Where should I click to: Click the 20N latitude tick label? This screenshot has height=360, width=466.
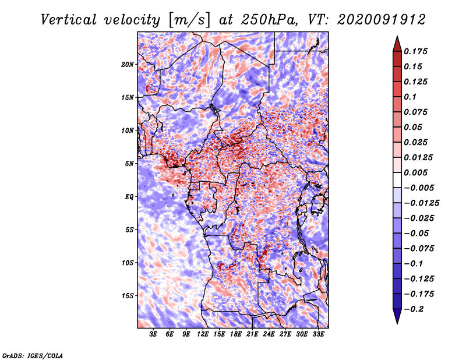(128, 65)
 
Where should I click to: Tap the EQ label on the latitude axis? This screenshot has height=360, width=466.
(129, 197)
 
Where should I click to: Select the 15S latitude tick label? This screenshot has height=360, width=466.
(128, 296)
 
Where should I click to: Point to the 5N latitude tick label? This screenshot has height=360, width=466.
(130, 164)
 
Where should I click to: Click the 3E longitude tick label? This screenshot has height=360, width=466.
(153, 334)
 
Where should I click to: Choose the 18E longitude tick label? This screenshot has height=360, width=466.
(236, 334)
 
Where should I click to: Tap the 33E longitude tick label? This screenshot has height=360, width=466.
(318, 334)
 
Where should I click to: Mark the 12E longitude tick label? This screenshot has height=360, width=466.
(203, 334)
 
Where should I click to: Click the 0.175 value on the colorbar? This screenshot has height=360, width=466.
(416, 51)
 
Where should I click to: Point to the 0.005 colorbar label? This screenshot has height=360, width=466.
(416, 172)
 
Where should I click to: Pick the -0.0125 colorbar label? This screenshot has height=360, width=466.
(422, 203)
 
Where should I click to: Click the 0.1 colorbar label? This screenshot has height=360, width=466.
(410, 97)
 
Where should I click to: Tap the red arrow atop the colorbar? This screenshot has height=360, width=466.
(397, 44)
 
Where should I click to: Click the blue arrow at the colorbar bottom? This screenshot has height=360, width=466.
(397, 316)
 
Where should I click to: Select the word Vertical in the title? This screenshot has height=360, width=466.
(69, 20)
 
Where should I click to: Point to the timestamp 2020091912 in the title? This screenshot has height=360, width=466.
(382, 20)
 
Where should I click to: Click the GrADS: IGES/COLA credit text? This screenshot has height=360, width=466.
(33, 356)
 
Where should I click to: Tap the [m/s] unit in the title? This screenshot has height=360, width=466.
(189, 20)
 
